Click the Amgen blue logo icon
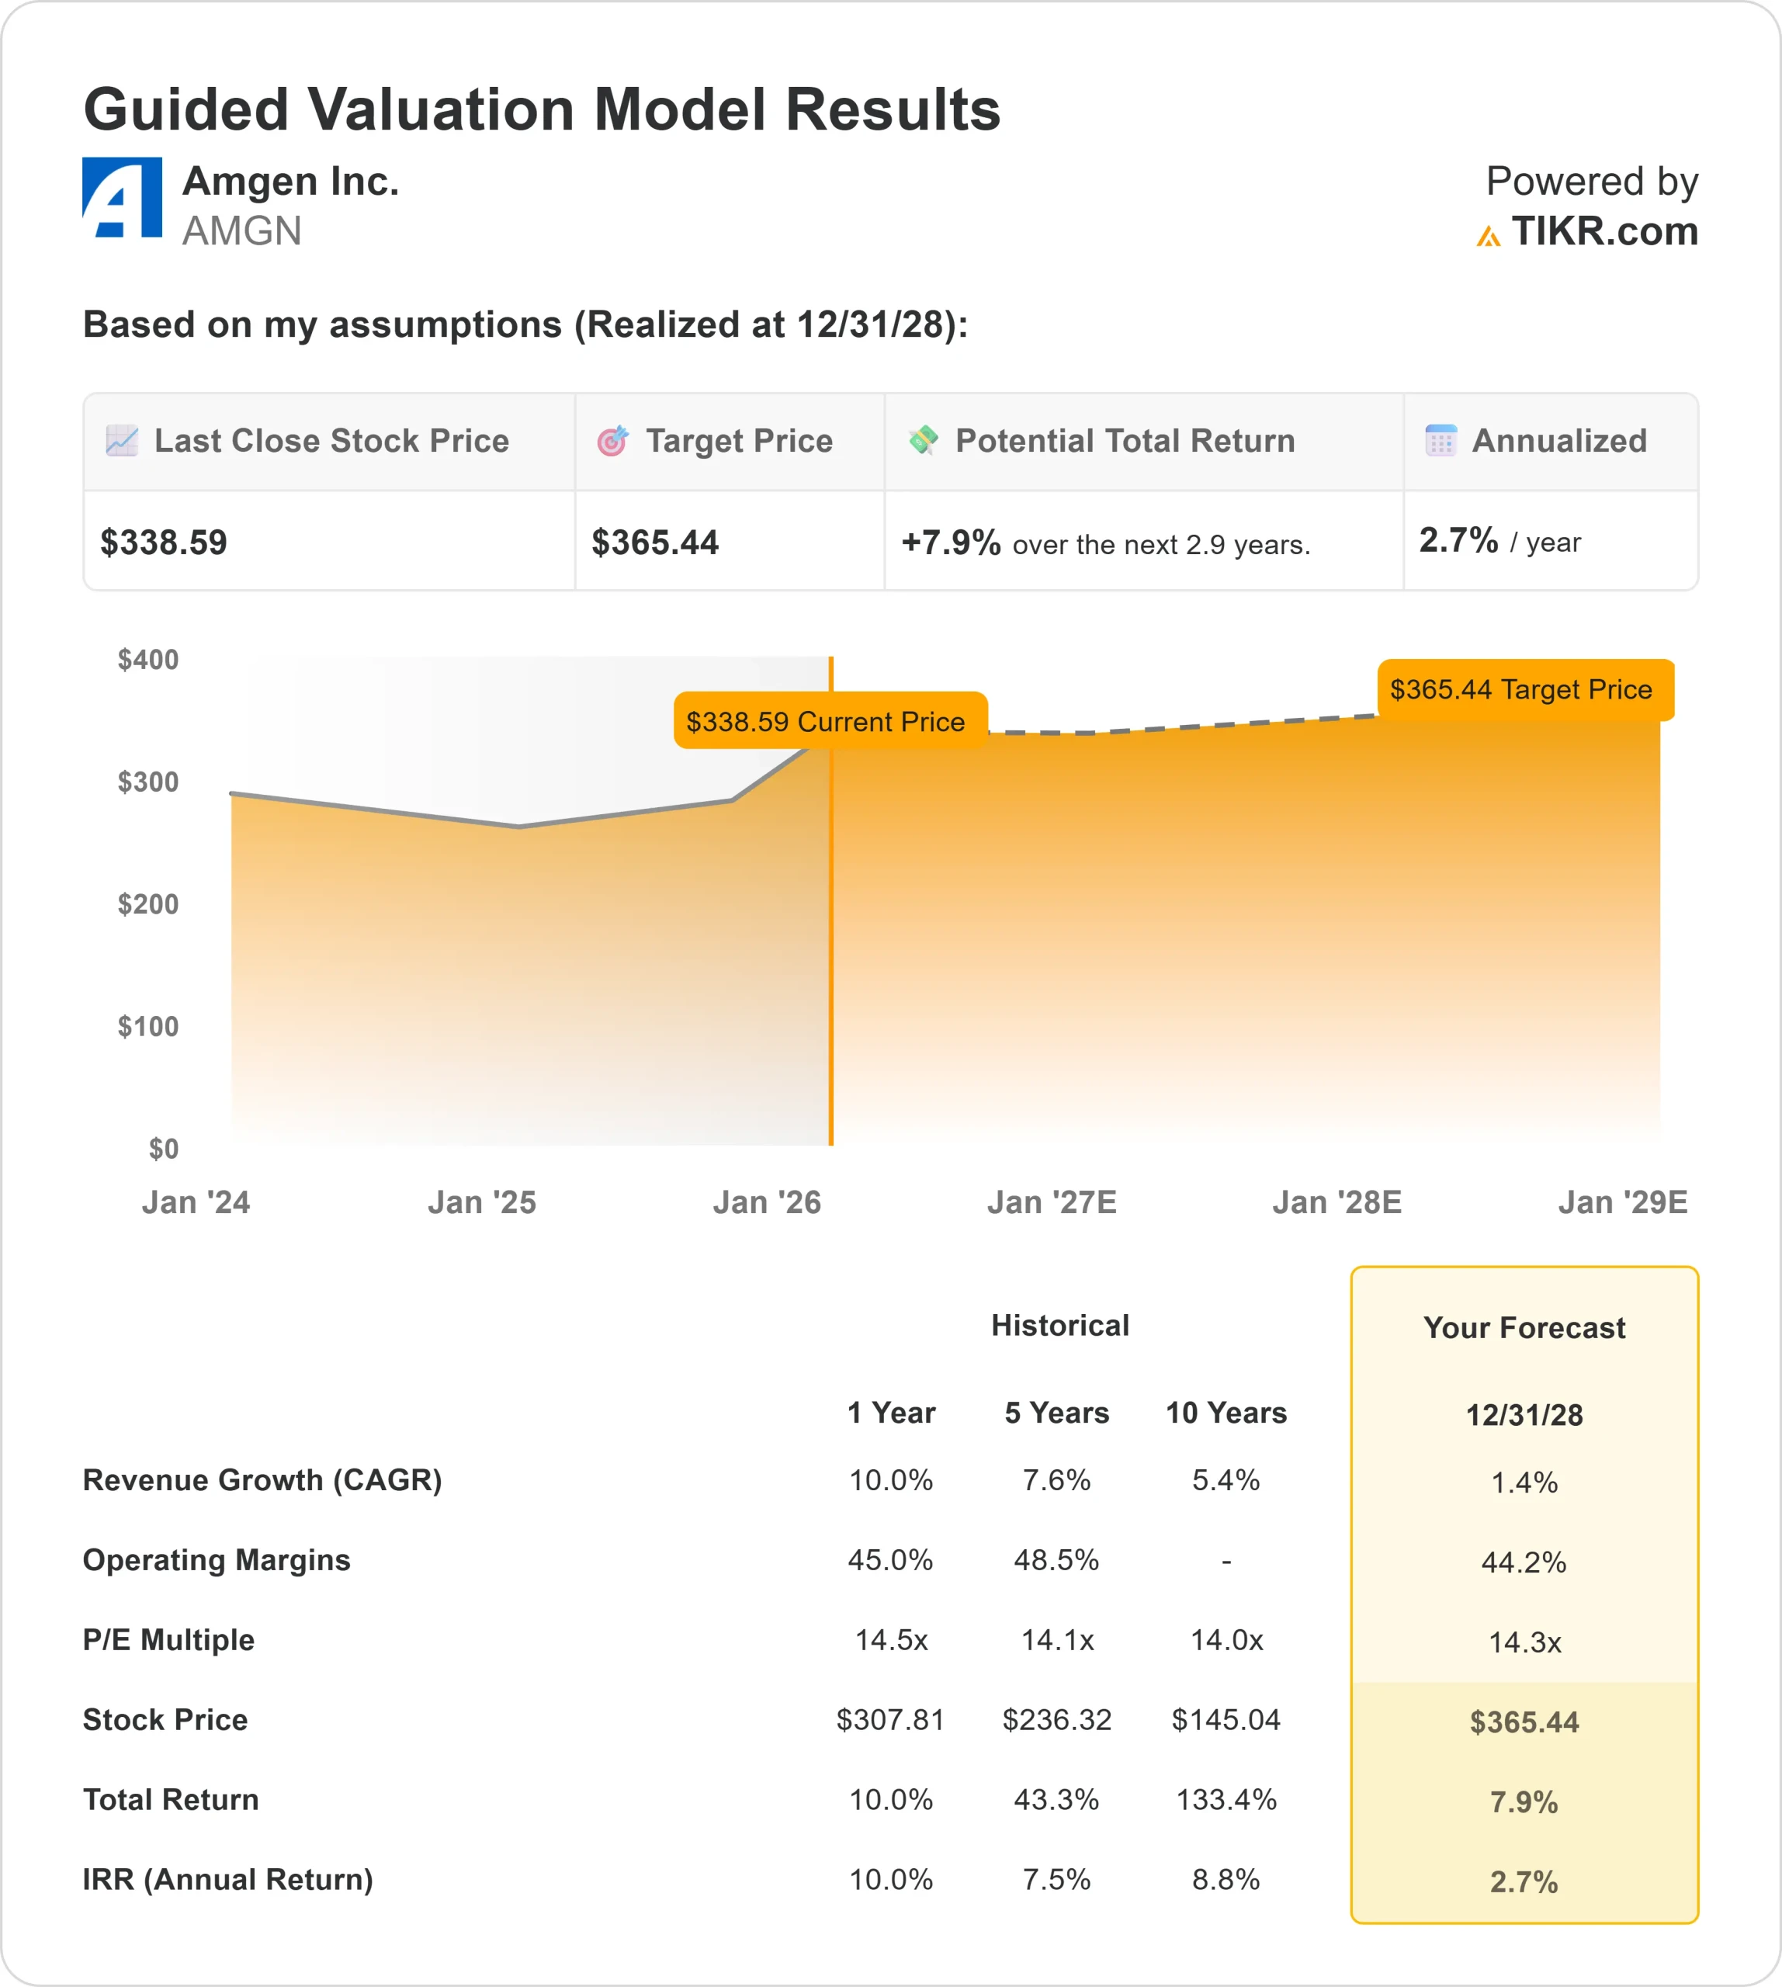[123, 198]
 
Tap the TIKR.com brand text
[1603, 232]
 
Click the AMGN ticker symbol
[242, 232]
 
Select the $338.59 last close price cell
[165, 543]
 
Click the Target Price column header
[738, 442]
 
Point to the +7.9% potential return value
[950, 543]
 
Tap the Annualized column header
[1558, 442]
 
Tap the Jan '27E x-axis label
[1052, 1202]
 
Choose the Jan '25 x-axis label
[482, 1202]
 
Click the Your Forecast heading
[1524, 1328]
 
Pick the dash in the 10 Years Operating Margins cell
[1226, 1561]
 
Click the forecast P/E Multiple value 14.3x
[1524, 1642]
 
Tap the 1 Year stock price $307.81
[890, 1720]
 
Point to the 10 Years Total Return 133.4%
[1226, 1800]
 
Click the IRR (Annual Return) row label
[228, 1879]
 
